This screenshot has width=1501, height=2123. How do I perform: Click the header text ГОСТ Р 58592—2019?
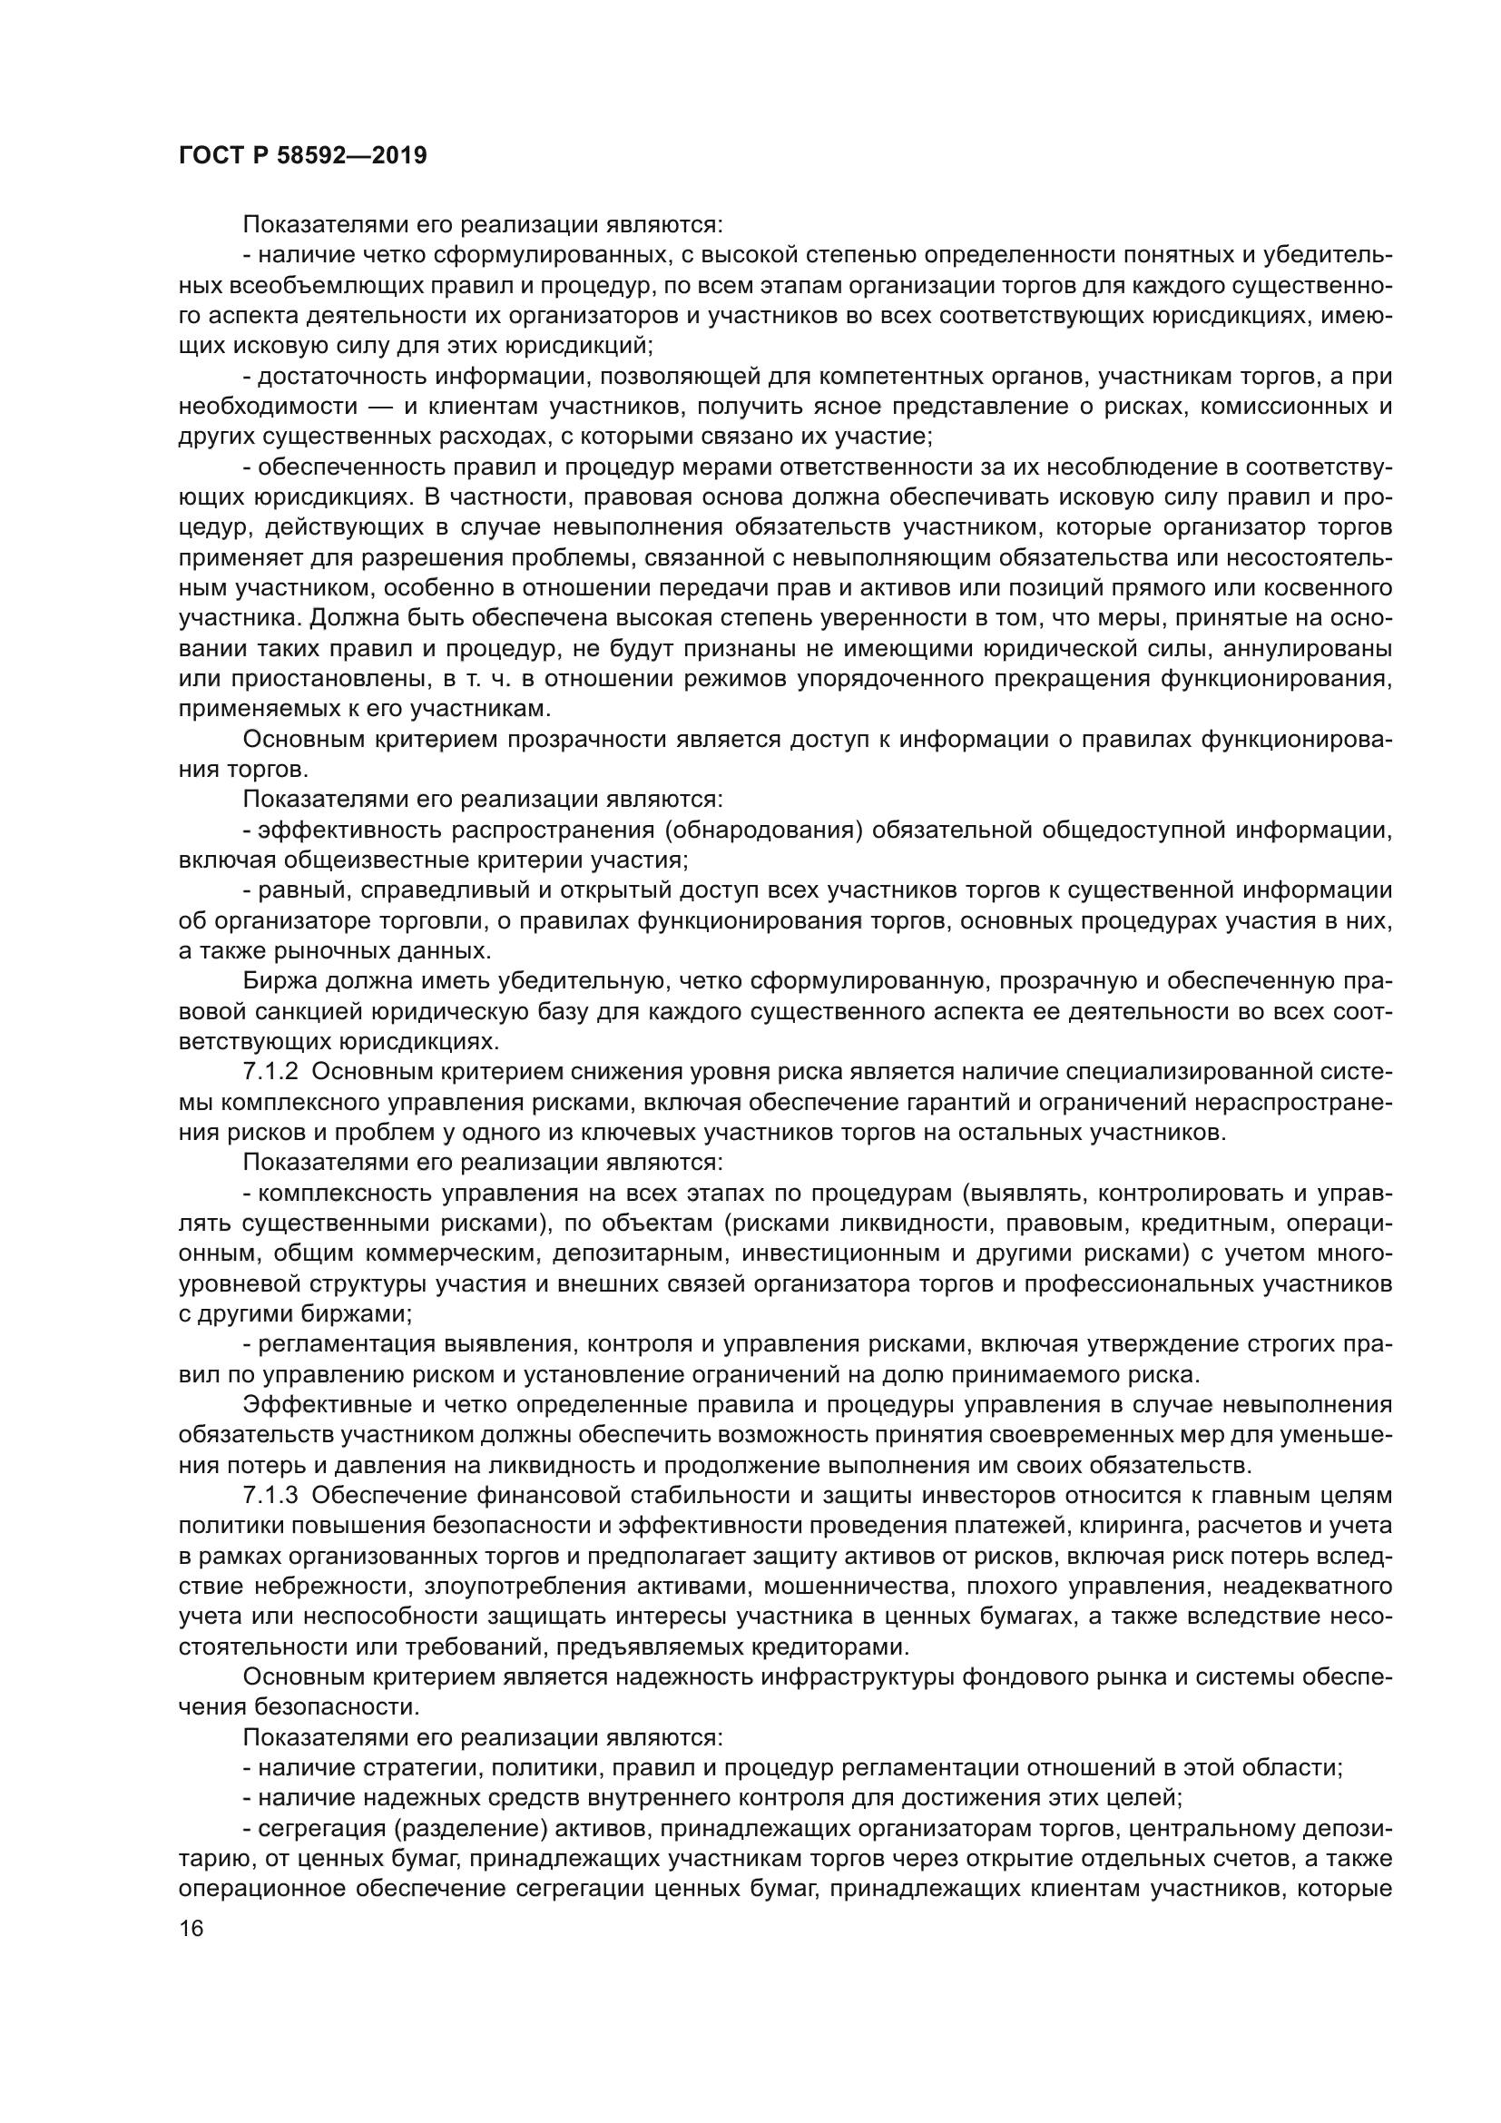point(302,155)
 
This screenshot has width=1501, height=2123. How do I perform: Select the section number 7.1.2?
point(270,1072)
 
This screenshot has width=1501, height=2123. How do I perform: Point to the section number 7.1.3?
point(270,1495)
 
